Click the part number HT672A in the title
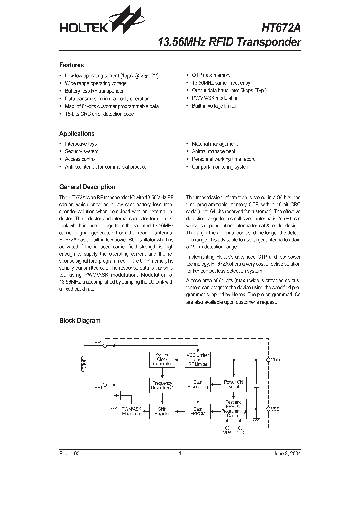281,28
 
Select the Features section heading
71,65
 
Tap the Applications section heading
77,134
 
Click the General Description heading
87,187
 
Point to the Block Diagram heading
80,321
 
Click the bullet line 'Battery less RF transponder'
94,91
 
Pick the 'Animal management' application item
213,151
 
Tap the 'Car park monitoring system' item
220,167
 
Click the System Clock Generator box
162,359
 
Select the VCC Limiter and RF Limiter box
198,359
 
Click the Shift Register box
162,412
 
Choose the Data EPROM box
198,412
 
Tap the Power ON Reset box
233,384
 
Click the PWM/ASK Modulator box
131,412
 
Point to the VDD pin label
275,359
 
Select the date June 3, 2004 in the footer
287,454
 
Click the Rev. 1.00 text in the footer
69,454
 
